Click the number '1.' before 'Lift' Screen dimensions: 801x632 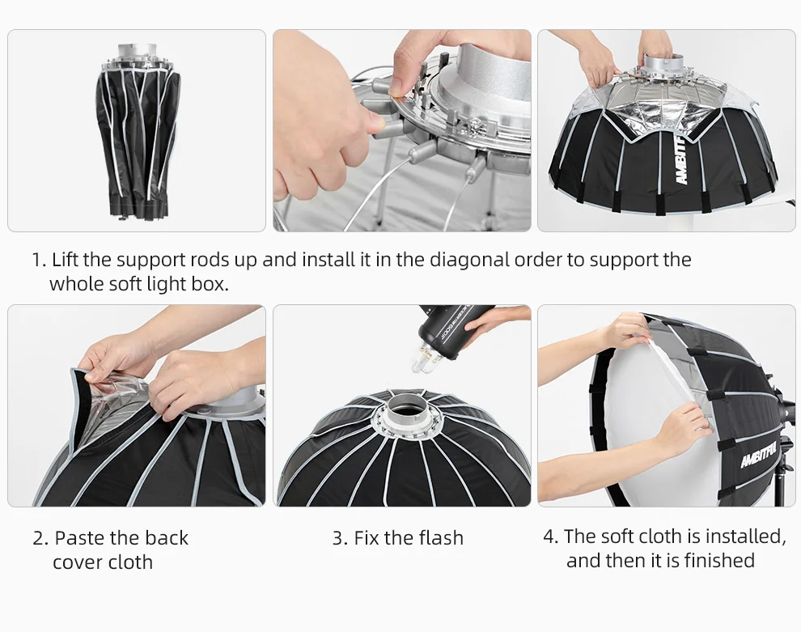coord(40,260)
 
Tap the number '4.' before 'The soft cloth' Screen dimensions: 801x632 coord(551,537)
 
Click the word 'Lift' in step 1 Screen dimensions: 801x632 coord(66,260)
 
